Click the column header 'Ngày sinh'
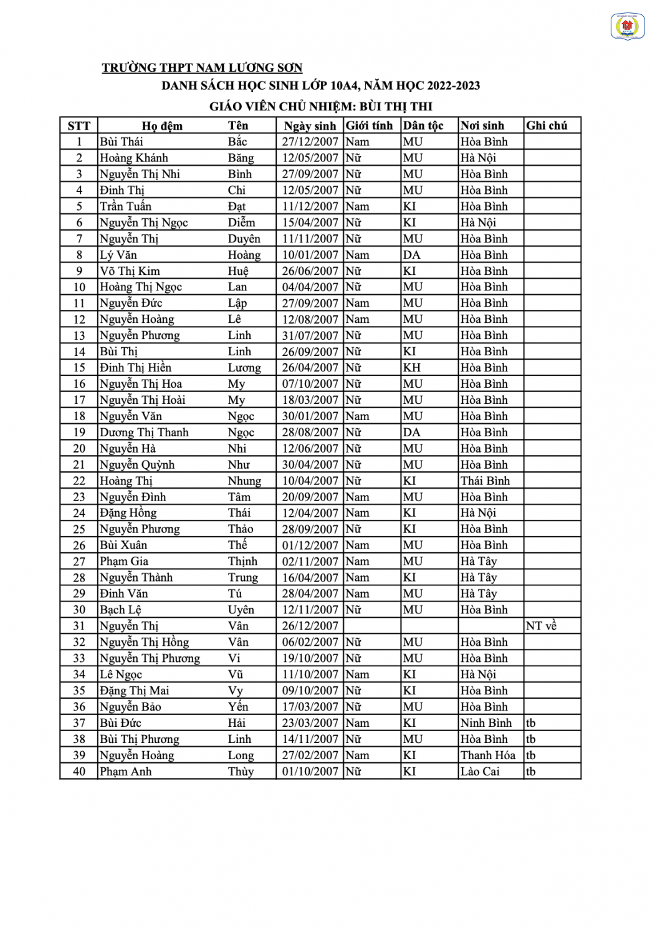click(x=310, y=126)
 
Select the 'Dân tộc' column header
click(x=423, y=126)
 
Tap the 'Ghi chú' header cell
click(x=547, y=126)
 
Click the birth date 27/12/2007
click(x=310, y=142)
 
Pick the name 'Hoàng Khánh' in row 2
click(x=134, y=158)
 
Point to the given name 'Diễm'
click(x=241, y=223)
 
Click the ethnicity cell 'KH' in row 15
click(x=411, y=368)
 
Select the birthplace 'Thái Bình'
click(x=485, y=481)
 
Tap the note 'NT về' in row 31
click(x=541, y=626)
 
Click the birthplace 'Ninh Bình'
click(x=486, y=723)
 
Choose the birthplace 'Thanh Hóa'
click(x=488, y=755)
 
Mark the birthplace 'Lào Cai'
click(x=480, y=772)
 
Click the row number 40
click(x=79, y=772)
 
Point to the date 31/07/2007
click(x=310, y=335)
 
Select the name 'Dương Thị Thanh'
click(x=144, y=433)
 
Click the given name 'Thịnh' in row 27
click(x=242, y=562)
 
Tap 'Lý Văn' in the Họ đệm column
click(x=118, y=255)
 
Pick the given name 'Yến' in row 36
click(x=238, y=707)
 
